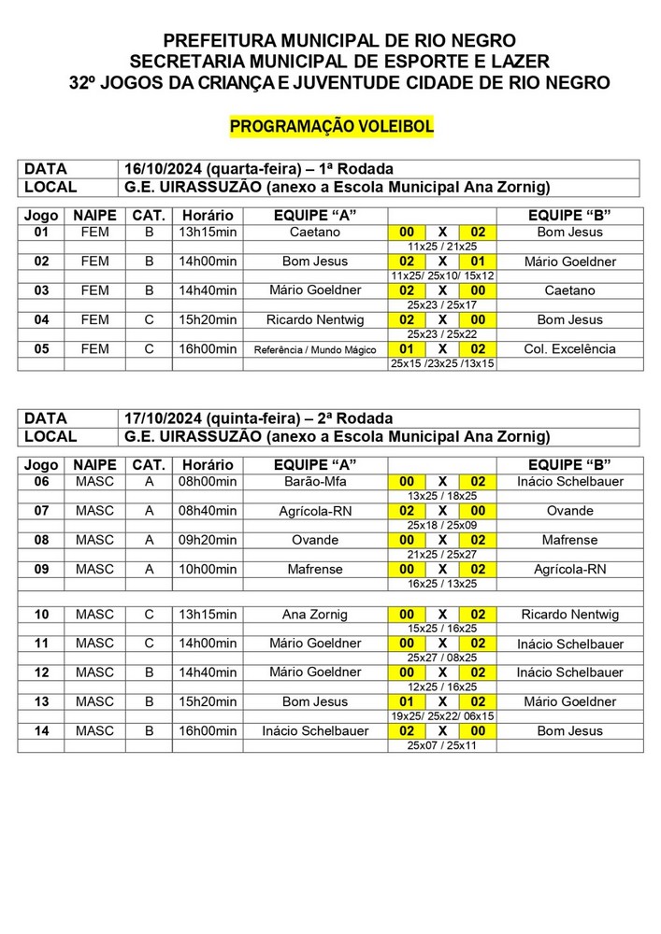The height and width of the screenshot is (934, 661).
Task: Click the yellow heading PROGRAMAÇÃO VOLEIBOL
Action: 331,127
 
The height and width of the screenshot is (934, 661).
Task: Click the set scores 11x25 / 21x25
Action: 441,246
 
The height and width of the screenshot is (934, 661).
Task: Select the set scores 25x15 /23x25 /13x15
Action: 441,363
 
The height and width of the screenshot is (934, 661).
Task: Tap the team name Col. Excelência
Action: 569,349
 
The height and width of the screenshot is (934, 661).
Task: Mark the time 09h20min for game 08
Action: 208,540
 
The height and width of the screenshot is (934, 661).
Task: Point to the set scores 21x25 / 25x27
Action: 441,554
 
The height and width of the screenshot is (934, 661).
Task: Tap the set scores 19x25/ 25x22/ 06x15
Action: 441,715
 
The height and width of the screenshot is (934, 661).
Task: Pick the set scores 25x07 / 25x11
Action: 441,745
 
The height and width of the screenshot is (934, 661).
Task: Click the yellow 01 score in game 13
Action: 407,701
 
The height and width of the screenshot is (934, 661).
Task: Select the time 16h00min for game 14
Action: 208,730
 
